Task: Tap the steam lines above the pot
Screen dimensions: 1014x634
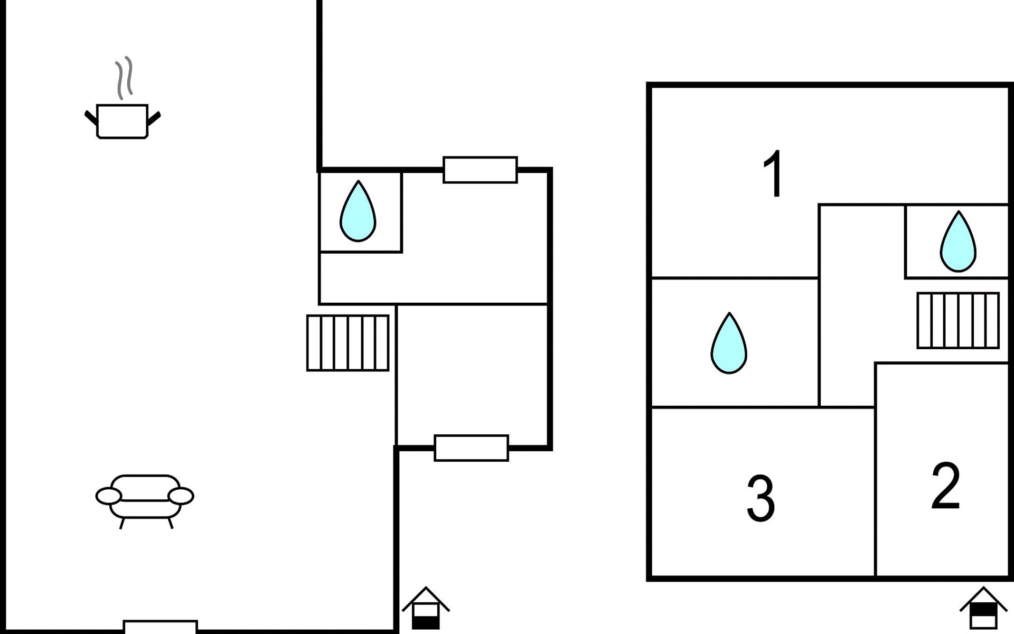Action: pyautogui.click(x=124, y=78)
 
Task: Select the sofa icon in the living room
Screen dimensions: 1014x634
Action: pyautogui.click(x=145, y=501)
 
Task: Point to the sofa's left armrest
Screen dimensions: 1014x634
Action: pyautogui.click(x=109, y=496)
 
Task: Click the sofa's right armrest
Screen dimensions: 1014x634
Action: pyautogui.click(x=181, y=496)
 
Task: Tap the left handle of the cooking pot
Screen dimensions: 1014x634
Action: pyautogui.click(x=91, y=117)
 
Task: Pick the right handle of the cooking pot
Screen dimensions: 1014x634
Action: pyautogui.click(x=154, y=118)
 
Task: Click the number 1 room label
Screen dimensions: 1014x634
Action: pyautogui.click(x=774, y=174)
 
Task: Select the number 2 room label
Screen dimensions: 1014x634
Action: pyautogui.click(x=945, y=486)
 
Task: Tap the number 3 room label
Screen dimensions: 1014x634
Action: pyautogui.click(x=760, y=499)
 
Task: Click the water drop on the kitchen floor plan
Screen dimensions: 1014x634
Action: pyautogui.click(x=358, y=211)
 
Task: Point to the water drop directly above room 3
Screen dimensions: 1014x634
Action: pyautogui.click(x=729, y=343)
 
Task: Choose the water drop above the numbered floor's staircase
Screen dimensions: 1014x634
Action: pyautogui.click(x=958, y=241)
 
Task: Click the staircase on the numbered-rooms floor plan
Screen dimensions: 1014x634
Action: pyautogui.click(x=958, y=320)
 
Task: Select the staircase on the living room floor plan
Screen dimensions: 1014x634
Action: pyautogui.click(x=348, y=343)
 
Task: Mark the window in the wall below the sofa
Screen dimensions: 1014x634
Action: pyautogui.click(x=161, y=627)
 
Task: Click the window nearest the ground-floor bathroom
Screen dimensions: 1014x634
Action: pyautogui.click(x=480, y=170)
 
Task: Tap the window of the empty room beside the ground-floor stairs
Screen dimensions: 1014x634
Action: pyautogui.click(x=472, y=448)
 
